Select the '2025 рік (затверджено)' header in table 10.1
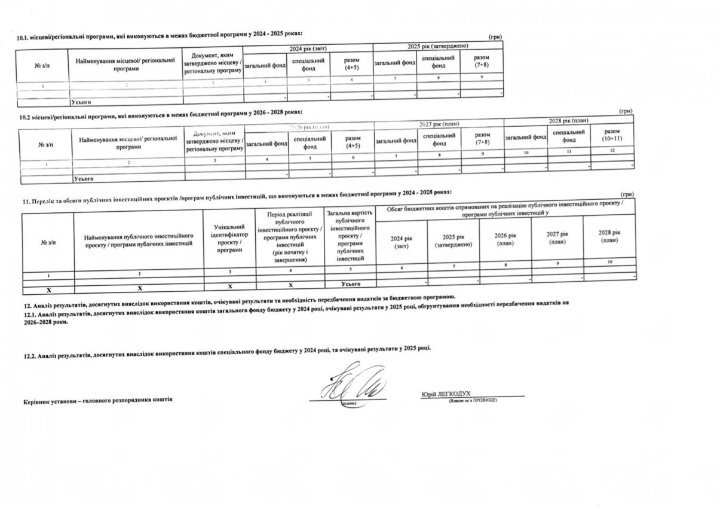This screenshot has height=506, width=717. [x=437, y=47]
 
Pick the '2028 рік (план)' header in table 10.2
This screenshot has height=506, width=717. [x=568, y=121]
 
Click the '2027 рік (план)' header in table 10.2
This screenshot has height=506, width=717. [x=439, y=124]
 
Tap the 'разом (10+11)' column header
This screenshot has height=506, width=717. [x=612, y=135]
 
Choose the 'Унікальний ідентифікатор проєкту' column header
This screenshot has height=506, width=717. [x=228, y=238]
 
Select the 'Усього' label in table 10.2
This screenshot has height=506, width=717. [x=83, y=179]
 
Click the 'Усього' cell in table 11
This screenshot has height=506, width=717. [x=350, y=282]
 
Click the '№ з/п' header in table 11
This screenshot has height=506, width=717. [x=48, y=242]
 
